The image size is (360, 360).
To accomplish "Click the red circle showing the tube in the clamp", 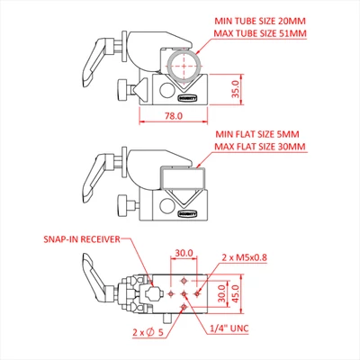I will pos(184,65).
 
